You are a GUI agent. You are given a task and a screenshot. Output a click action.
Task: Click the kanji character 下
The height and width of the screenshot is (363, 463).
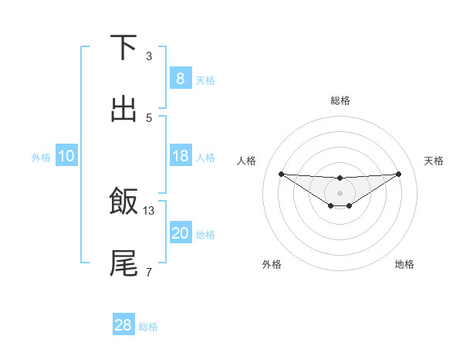click(x=123, y=47)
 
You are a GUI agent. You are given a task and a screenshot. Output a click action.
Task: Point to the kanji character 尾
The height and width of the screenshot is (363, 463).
click(x=123, y=263)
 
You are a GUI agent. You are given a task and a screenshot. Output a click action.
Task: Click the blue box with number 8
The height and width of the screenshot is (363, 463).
click(x=180, y=78)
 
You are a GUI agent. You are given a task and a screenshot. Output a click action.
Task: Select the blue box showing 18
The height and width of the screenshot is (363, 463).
click(x=180, y=156)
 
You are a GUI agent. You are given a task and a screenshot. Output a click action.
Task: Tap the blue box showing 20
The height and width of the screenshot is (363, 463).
click(x=180, y=233)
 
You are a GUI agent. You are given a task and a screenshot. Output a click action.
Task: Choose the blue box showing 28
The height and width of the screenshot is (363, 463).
click(x=123, y=325)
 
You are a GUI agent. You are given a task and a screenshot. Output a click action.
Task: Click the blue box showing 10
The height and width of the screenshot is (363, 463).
click(x=66, y=156)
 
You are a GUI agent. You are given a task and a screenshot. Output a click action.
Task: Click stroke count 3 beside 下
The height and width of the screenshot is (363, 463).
click(x=149, y=56)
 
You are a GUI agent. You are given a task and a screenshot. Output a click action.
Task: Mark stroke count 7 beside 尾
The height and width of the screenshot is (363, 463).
click(x=149, y=272)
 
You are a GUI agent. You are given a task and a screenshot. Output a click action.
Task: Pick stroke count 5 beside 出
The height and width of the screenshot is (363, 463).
click(x=149, y=118)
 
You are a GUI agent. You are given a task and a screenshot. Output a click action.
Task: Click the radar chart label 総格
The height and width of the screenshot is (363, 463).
click(x=340, y=100)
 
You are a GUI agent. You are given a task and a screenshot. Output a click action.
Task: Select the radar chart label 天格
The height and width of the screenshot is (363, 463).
click(x=434, y=161)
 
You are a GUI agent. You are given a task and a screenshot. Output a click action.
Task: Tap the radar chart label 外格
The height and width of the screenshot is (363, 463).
click(x=272, y=264)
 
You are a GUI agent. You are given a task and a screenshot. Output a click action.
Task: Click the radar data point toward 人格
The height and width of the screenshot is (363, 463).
click(x=281, y=174)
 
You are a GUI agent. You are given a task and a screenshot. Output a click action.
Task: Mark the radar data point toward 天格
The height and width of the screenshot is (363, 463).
click(x=398, y=174)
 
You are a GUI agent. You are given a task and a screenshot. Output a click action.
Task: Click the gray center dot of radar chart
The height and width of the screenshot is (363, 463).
click(x=340, y=192)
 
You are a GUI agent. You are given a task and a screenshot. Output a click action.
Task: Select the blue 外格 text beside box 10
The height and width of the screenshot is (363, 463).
click(x=41, y=157)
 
